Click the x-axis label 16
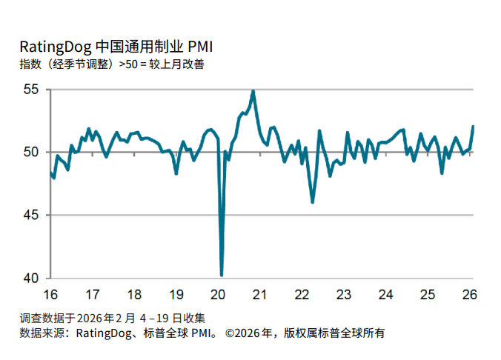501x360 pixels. click(51, 294)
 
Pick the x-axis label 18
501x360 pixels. click(135, 294)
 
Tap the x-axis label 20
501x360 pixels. click(219, 294)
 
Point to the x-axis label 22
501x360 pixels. click(302, 294)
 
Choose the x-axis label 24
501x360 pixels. click(386, 294)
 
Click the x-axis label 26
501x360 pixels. click(470, 294)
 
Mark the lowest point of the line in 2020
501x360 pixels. click(222, 276)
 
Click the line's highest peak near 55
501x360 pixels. click(253, 91)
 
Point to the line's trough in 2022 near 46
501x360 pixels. click(313, 201)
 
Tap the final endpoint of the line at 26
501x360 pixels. click(473, 127)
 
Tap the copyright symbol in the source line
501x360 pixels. click(230, 333)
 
